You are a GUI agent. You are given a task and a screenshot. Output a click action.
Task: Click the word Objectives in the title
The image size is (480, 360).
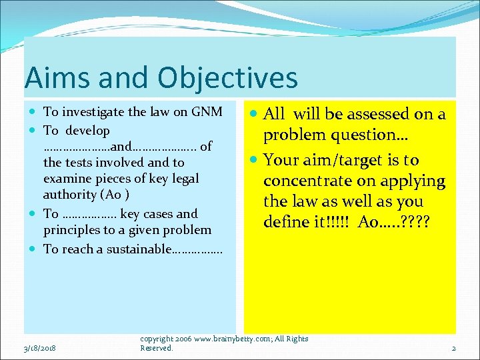tap(228, 77)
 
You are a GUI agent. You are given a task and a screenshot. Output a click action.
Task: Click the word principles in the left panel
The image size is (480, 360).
tap(72, 230)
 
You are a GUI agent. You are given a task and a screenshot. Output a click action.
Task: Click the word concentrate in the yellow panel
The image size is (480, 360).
tap(309, 181)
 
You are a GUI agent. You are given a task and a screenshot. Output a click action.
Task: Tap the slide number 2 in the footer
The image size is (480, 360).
tap(453, 348)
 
